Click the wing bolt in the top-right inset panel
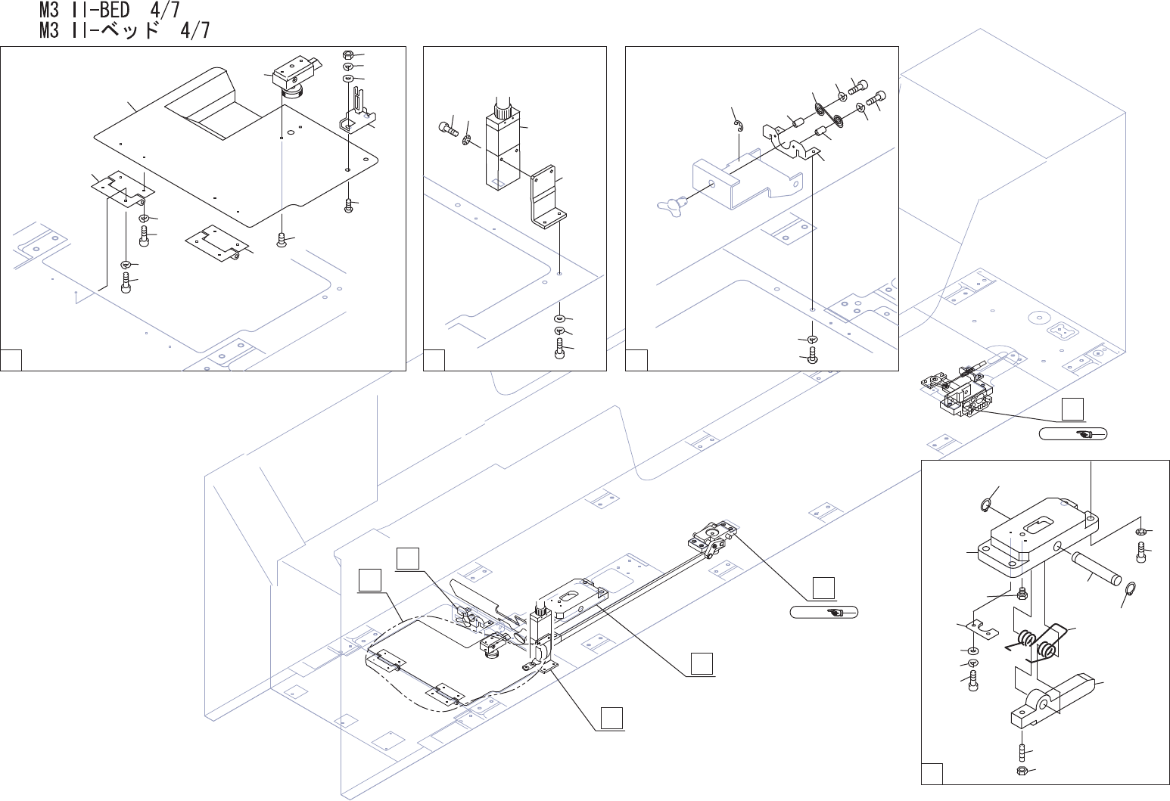coord(670,203)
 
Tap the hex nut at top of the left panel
coord(348,55)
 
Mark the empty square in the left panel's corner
coord(11,361)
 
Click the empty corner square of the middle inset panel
coord(434,361)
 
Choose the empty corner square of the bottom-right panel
coord(932,775)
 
